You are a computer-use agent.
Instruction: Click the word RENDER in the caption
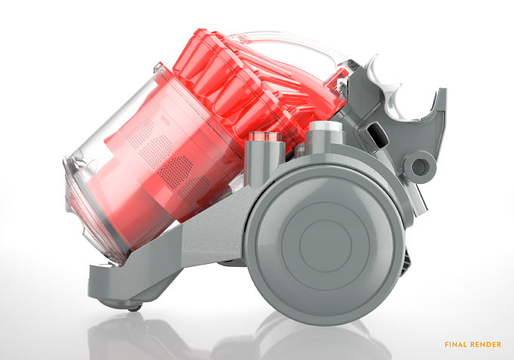[x=486, y=345]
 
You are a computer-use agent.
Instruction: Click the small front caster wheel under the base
[x=134, y=308]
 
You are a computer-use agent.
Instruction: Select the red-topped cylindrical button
[x=265, y=137]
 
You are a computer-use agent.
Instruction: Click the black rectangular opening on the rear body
[x=377, y=135]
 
